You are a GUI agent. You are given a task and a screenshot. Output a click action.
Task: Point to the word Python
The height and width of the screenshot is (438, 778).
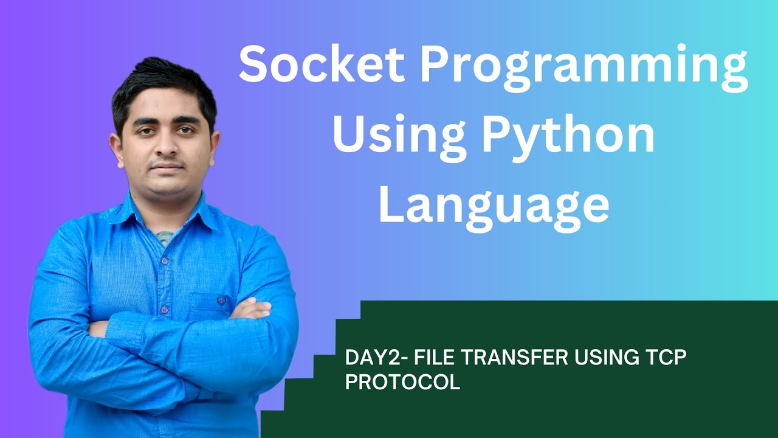[568, 137]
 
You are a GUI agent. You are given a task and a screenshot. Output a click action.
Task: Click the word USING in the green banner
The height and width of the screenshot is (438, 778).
[602, 358]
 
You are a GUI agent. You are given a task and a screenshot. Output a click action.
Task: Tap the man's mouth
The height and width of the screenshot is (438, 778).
[167, 166]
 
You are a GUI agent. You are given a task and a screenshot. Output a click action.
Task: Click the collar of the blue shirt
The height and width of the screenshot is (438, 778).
[194, 213]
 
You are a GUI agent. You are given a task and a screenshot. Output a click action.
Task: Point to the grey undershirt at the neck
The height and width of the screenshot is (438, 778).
[165, 236]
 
